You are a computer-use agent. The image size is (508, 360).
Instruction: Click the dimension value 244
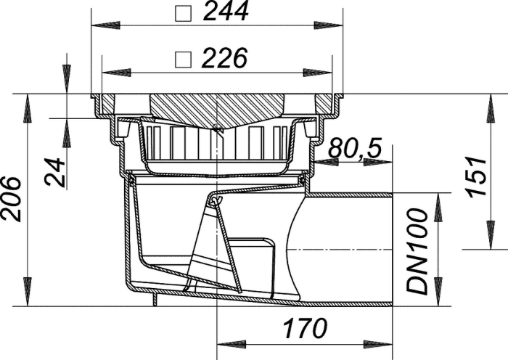226,12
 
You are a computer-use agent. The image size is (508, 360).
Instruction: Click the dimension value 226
224,58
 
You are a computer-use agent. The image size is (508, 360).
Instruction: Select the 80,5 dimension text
355,148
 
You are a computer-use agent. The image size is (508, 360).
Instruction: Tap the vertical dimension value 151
476,176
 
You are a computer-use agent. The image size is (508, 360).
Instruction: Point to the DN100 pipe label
417,252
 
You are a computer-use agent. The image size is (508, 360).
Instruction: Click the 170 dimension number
305,328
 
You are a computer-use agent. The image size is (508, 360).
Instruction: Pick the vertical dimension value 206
11,200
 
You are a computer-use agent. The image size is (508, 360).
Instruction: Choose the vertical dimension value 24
54,172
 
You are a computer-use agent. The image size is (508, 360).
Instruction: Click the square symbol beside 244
183,13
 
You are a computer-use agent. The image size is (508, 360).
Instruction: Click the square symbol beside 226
183,60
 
